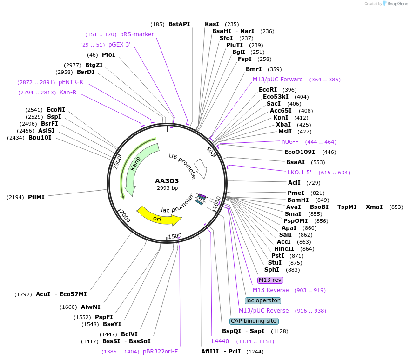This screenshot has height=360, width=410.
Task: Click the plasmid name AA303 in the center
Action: click(167, 181)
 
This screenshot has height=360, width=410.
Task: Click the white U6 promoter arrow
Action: click(201, 168)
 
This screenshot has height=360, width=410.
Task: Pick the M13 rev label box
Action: click(270, 280)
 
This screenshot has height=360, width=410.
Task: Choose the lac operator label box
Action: click(263, 300)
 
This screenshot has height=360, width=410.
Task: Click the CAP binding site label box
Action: click(254, 321)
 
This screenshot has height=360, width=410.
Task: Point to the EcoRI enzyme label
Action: click(268, 90)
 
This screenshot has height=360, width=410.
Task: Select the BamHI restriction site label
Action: click(297, 200)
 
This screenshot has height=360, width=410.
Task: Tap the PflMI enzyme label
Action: click(36, 197)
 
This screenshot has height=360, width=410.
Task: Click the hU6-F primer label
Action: click(290, 141)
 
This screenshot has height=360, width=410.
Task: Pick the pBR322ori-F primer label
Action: click(160, 351)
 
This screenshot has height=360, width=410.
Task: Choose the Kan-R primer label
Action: click(68, 93)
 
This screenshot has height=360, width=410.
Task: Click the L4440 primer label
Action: click(221, 341)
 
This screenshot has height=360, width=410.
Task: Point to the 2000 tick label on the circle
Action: click(125, 215)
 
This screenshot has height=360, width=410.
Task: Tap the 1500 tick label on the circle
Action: click(175, 236)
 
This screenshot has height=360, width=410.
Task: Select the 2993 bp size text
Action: click(167, 188)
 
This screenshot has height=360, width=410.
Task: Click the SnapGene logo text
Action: click(397, 4)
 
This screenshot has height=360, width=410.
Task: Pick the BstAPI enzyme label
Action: click(179, 24)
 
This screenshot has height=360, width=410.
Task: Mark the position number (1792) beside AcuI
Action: click(23, 294)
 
